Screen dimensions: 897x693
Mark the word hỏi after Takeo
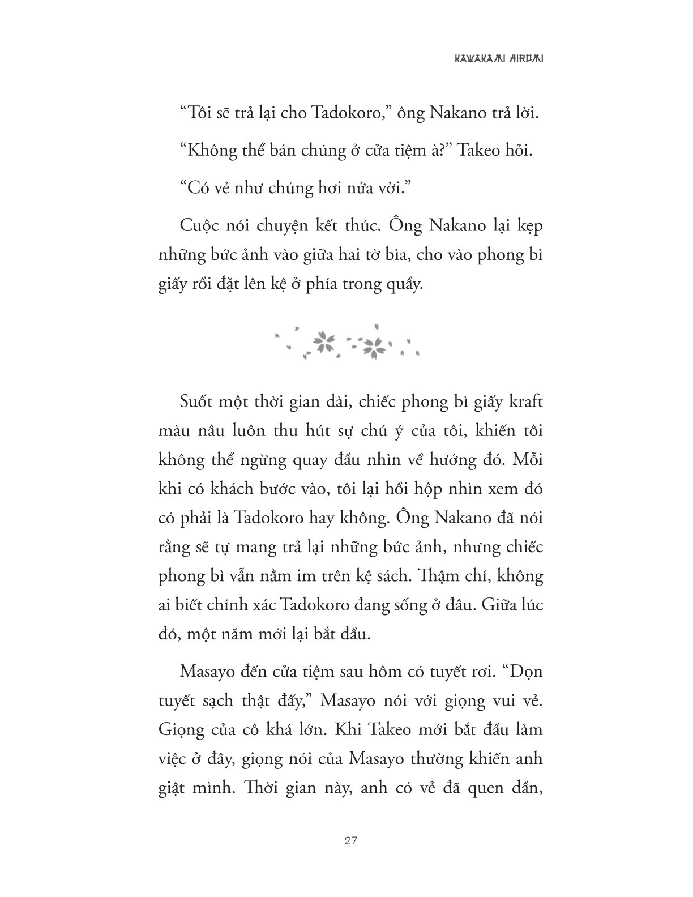tap(519, 151)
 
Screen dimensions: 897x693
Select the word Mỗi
tap(526, 460)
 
